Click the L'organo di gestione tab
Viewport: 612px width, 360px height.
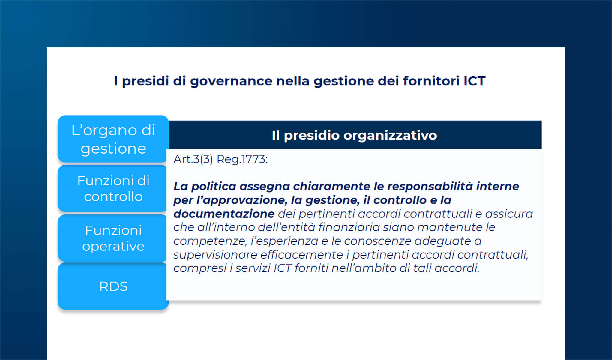tap(113, 139)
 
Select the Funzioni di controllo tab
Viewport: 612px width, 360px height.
tap(113, 188)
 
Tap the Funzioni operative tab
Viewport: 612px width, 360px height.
tap(113, 238)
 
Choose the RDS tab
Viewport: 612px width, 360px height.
tap(113, 286)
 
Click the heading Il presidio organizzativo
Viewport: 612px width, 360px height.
tap(354, 135)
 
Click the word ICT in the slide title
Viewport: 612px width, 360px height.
tap(474, 81)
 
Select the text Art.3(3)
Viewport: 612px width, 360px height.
tap(193, 159)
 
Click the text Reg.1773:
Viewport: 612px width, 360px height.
tap(242, 159)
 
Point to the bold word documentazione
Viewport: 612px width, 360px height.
tap(224, 214)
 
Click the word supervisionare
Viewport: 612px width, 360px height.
tap(215, 255)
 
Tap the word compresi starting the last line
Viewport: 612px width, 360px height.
tap(200, 268)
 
